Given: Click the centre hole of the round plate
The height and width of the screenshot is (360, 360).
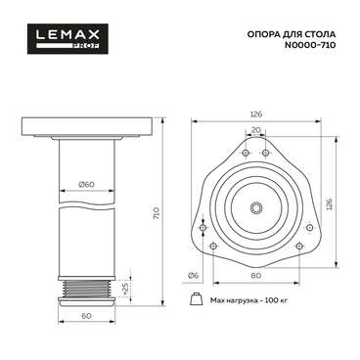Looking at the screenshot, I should (258, 206).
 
